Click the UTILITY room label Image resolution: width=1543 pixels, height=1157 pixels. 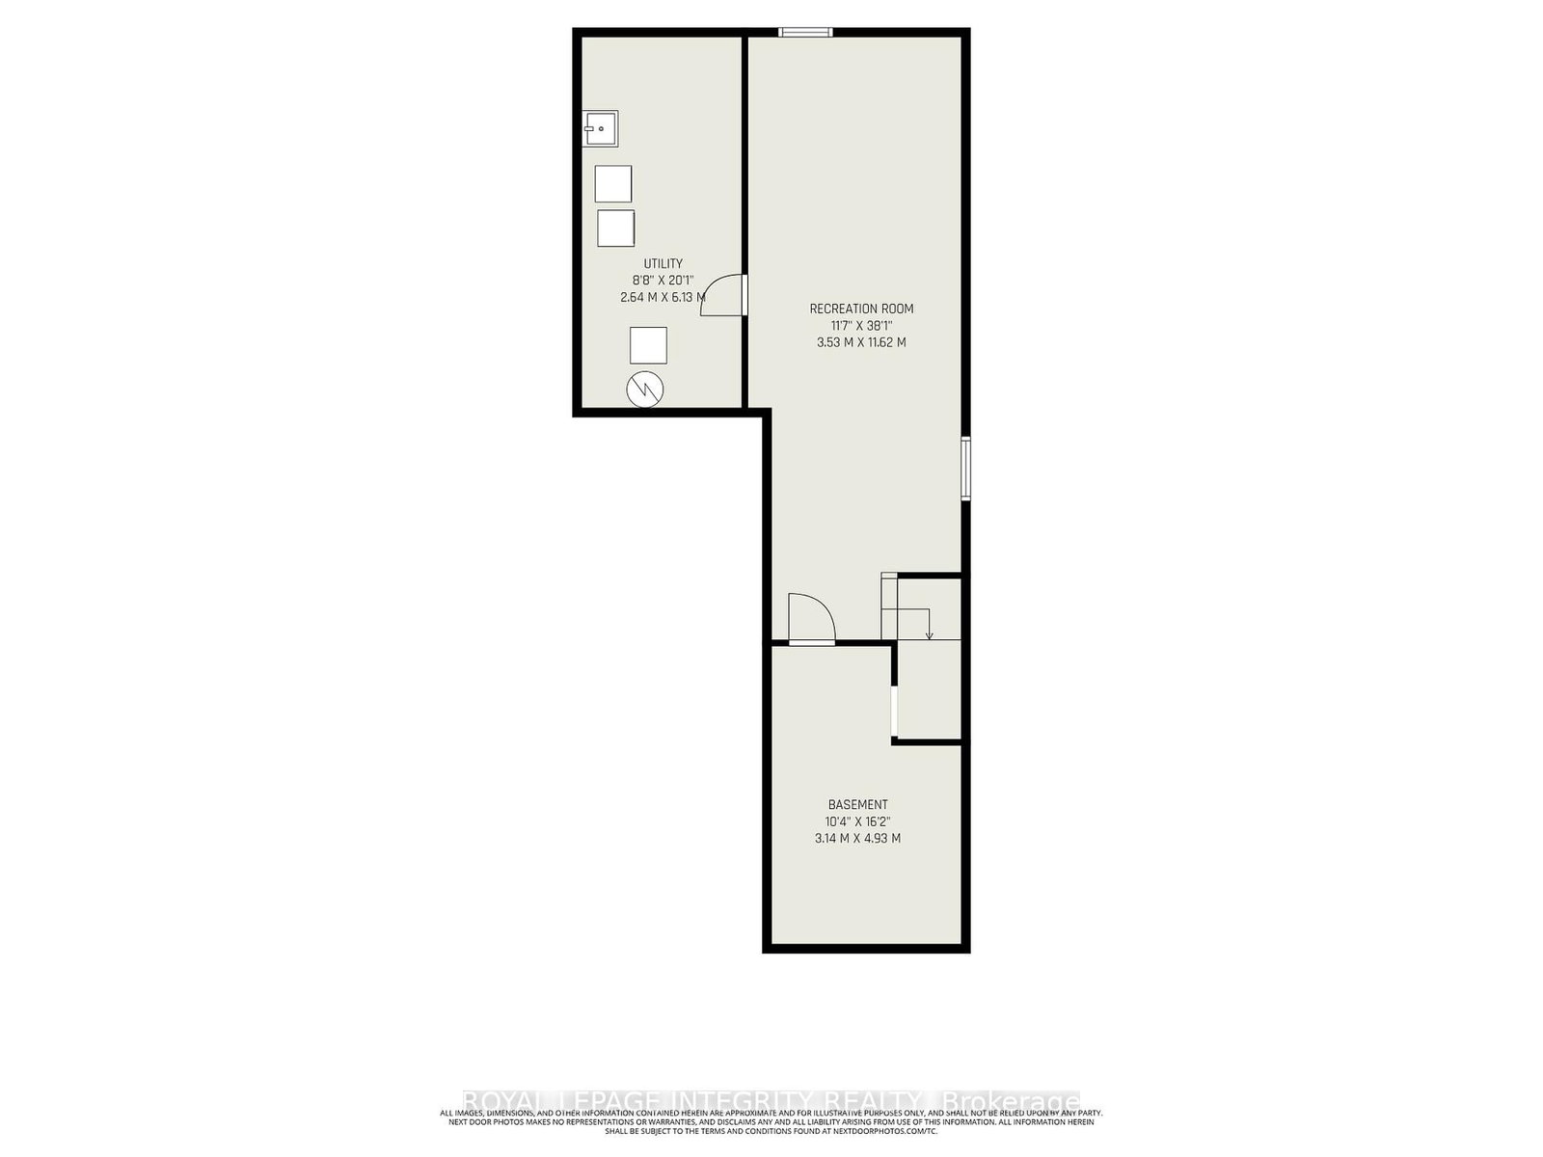pos(663,263)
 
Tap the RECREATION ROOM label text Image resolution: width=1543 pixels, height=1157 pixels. pos(861,309)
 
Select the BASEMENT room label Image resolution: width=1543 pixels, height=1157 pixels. pos(857,804)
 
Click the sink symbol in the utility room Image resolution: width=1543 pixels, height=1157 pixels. pos(600,128)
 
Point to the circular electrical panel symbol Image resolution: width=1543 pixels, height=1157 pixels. pos(645,389)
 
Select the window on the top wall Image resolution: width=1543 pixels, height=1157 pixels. pos(805,32)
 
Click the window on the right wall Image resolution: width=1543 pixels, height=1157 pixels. pos(965,468)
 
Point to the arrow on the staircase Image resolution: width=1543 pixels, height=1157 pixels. pos(929,633)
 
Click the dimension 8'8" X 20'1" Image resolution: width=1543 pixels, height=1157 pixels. pos(663,281)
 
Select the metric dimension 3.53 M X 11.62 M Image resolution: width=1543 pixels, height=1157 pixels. pos(861,342)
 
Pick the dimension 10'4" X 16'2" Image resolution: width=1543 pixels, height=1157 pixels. pos(857,821)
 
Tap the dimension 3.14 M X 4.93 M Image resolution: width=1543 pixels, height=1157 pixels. pos(857,839)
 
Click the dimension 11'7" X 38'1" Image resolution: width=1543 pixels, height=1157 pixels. pos(861,326)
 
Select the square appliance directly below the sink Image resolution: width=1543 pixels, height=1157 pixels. pos(612,183)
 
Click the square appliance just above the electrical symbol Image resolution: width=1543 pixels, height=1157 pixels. pos(648,344)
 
